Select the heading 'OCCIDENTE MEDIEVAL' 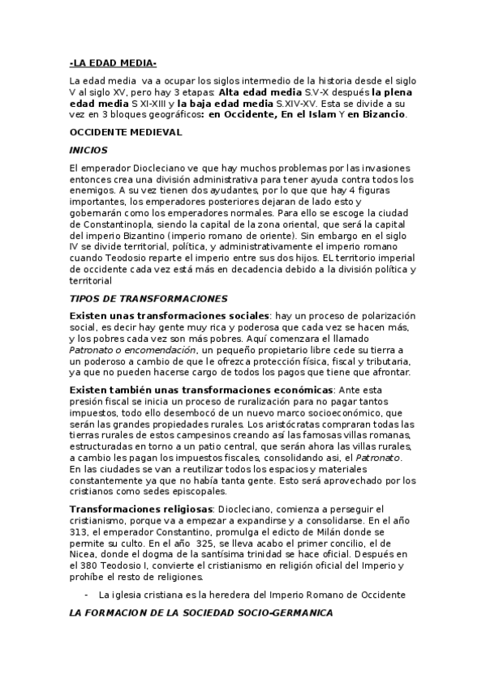(126, 131)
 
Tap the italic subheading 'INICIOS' (89, 150)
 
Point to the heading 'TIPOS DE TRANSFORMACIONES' (148, 298)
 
